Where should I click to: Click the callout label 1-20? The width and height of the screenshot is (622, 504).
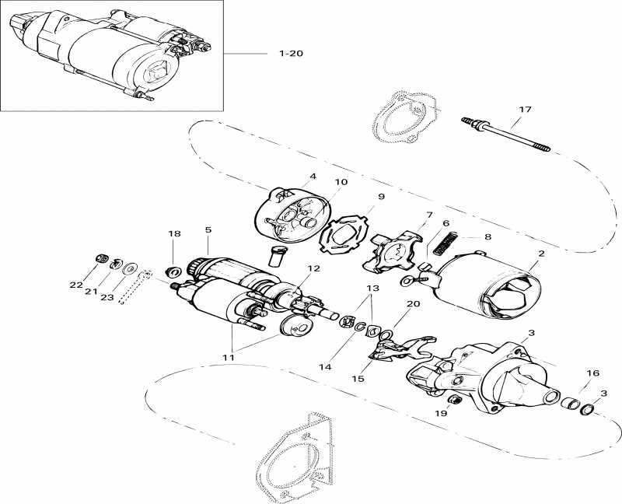(290, 54)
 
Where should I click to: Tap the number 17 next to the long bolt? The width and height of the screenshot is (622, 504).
(525, 110)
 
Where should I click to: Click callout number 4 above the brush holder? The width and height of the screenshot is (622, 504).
(313, 176)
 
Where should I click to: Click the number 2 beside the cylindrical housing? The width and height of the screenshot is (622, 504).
(540, 254)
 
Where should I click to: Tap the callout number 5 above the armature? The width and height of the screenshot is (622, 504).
(208, 229)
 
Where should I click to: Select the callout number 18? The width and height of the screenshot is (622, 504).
(174, 233)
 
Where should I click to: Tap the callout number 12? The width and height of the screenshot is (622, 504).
(313, 268)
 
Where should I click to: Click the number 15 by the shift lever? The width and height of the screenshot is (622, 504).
(357, 378)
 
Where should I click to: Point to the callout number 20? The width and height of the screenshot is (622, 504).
(412, 304)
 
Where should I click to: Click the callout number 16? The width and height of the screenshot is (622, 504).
(593, 373)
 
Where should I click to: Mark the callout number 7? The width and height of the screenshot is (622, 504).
(428, 214)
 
